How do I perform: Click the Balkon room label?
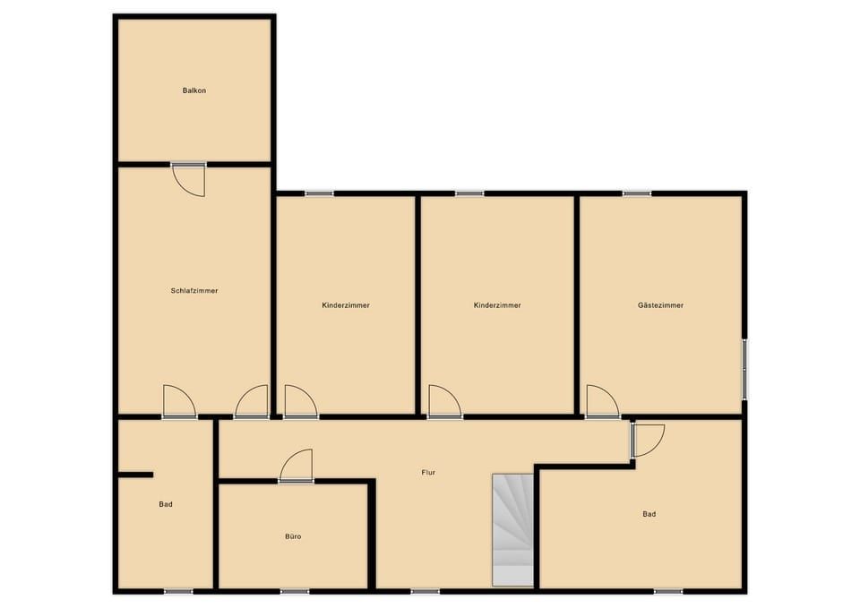tap(194, 90)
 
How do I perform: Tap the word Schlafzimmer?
tap(194, 290)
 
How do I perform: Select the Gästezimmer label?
tap(660, 304)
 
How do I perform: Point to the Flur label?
tap(428, 472)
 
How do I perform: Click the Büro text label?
tap(293, 536)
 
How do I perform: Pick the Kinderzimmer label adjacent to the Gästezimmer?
tap(497, 304)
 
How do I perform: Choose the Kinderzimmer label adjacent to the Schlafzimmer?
tap(346, 304)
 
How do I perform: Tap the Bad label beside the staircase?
tap(649, 514)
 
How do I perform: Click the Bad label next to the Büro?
tap(166, 504)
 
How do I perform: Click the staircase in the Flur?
tap(512, 529)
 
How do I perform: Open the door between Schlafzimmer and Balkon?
tap(189, 179)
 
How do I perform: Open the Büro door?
tap(297, 466)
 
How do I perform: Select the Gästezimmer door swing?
tap(603, 402)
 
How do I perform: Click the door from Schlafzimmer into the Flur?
tap(252, 402)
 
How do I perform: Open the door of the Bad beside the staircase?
tap(647, 441)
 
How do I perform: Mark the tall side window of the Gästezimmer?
tap(744, 366)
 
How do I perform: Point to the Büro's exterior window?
tap(295, 591)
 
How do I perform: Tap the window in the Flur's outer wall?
tap(425, 591)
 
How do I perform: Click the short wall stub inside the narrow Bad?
tap(135, 475)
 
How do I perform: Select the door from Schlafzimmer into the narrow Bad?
tap(179, 402)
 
